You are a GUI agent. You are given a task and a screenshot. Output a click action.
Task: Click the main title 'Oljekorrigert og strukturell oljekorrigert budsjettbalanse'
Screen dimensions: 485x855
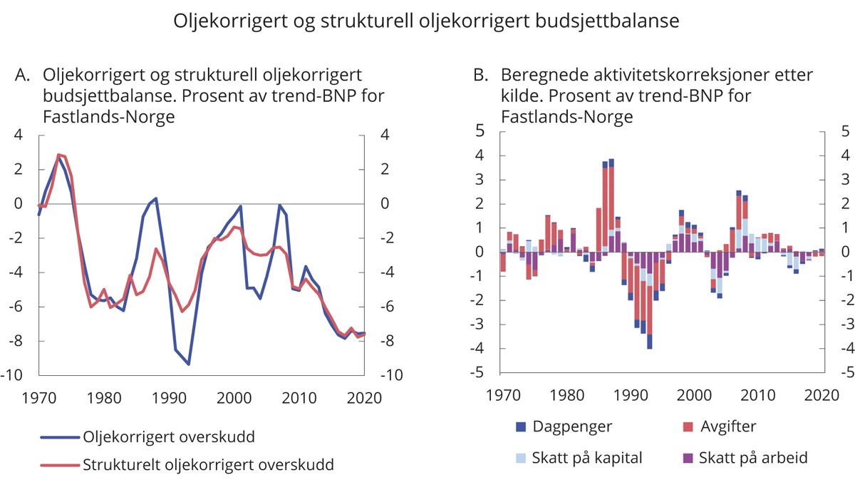click(x=427, y=21)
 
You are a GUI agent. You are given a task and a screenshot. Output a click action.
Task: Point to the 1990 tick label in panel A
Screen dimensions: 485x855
click(x=170, y=397)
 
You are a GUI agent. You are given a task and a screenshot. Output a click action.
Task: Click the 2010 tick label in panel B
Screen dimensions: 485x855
click(x=761, y=394)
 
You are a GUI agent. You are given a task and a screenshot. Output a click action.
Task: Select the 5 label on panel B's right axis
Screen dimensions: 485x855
click(x=845, y=131)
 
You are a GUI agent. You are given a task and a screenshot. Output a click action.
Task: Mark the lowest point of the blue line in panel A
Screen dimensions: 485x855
click(x=189, y=364)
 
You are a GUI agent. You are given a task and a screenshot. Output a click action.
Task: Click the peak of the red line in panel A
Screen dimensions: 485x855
click(x=58, y=154)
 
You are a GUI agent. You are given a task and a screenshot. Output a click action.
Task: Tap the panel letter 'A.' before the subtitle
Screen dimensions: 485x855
click(x=23, y=75)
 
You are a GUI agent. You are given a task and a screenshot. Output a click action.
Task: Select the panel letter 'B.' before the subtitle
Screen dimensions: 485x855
click(x=481, y=75)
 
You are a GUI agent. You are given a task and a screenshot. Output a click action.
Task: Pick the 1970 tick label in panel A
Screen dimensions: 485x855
click(x=39, y=397)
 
